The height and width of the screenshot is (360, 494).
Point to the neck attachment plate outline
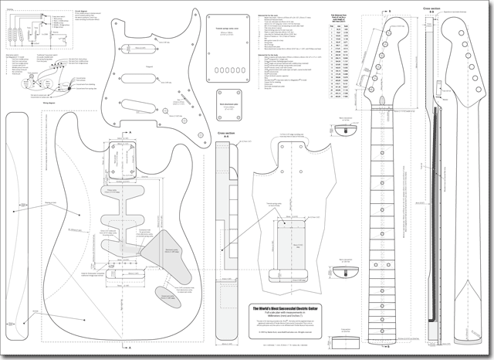tap(229, 112)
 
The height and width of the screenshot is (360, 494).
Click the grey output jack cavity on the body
tap(163, 294)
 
